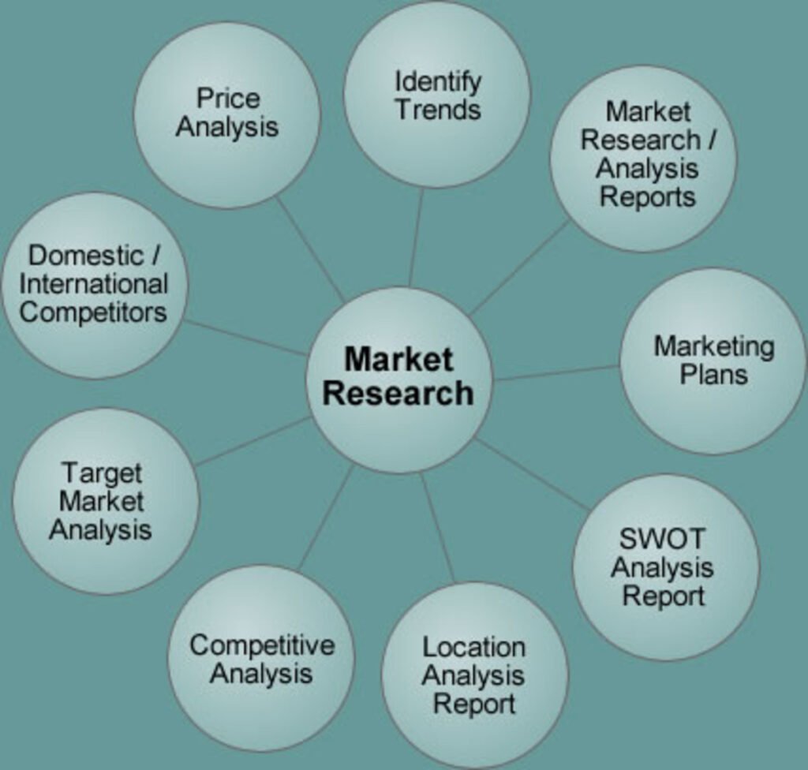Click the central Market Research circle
(x=398, y=379)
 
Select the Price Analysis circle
(x=226, y=114)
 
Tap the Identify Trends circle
(x=437, y=95)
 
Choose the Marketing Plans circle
(x=713, y=361)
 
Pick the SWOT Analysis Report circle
(x=665, y=566)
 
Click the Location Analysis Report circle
(x=474, y=675)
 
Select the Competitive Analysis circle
(x=261, y=658)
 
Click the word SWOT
(x=662, y=539)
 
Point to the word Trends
(x=438, y=110)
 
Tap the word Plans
(x=713, y=374)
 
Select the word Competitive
(x=261, y=645)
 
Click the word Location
(x=473, y=647)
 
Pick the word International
(x=94, y=284)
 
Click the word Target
(x=102, y=473)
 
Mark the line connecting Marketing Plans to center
(x=556, y=372)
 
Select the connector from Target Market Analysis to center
(x=252, y=442)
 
